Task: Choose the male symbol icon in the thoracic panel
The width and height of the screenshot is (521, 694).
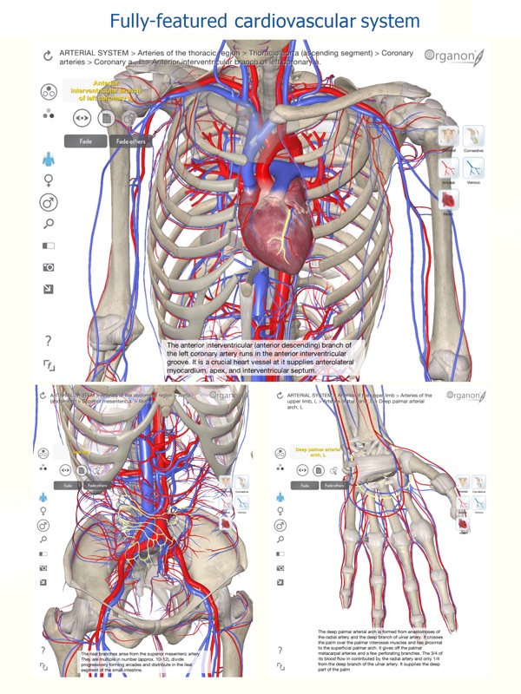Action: tap(49, 203)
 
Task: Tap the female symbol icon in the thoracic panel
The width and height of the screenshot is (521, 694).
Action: tap(49, 180)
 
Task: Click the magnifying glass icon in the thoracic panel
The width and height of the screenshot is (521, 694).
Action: tap(49, 224)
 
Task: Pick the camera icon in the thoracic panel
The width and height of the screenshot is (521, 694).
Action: tap(49, 267)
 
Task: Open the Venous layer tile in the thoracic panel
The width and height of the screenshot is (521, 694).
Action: tap(474, 168)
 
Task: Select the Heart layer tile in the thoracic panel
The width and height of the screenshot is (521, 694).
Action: tap(450, 200)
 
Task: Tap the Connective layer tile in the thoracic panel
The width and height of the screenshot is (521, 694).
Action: tap(474, 136)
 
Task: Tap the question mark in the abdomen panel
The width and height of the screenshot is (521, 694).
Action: tap(43, 650)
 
